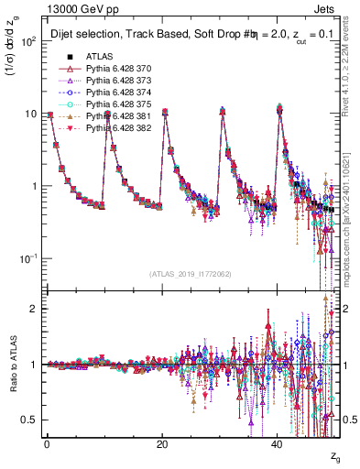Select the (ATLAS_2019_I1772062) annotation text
pos(191,274)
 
